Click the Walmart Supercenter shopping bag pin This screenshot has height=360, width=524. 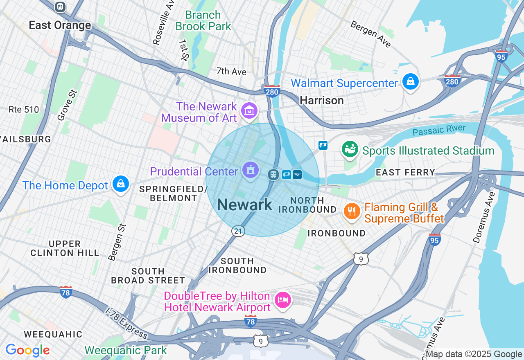410,82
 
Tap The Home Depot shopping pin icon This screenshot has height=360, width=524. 121,184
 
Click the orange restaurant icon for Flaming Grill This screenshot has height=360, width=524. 352,211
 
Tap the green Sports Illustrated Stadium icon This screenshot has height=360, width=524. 350,150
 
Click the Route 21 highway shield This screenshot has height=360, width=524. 238,231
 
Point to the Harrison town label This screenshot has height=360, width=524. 321,100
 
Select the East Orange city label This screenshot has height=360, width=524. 60,25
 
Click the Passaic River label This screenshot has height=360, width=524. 439,130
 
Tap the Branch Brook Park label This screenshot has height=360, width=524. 203,21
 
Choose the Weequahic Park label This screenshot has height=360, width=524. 126,351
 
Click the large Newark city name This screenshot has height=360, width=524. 244,205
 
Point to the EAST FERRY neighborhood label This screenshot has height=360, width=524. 405,172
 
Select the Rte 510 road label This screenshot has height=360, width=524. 24,110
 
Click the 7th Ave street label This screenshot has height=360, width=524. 231,72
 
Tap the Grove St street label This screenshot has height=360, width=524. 67,106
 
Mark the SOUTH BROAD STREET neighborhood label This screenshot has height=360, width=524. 148,276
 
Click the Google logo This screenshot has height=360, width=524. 27,350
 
